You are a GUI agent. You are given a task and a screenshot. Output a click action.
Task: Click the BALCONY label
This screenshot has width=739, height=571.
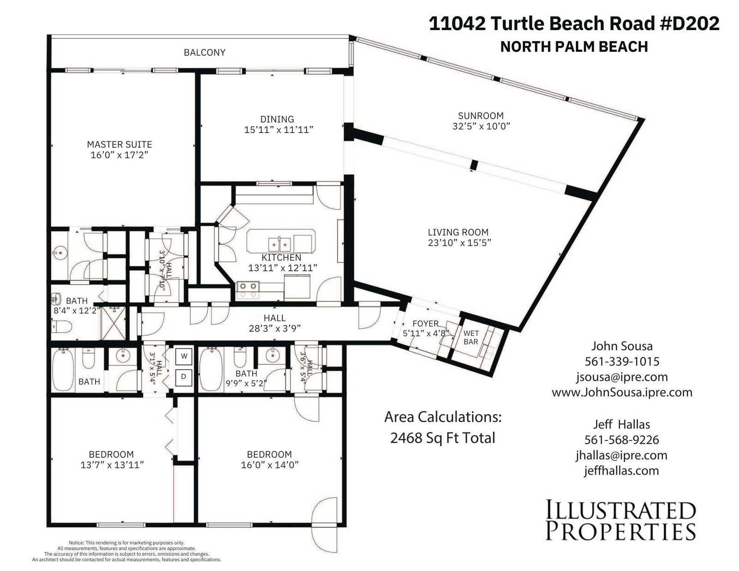(205, 52)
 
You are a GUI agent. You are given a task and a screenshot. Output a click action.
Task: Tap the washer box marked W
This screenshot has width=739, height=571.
(184, 356)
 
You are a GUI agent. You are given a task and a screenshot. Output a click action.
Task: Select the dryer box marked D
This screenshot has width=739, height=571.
(184, 377)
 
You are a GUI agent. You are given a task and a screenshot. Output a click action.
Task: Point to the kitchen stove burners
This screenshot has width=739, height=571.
(248, 290)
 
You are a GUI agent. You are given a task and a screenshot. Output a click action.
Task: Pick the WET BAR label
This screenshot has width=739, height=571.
(471, 337)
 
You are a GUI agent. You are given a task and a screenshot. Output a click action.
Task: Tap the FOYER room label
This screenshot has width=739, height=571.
(425, 323)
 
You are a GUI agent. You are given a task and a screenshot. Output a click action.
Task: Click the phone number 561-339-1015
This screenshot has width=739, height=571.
(622, 362)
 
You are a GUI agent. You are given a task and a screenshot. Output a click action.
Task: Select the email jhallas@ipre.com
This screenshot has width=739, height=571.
(622, 456)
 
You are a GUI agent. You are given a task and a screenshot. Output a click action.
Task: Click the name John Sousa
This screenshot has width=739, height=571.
(622, 346)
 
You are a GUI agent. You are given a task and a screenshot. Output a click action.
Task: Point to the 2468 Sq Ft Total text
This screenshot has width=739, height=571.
(442, 438)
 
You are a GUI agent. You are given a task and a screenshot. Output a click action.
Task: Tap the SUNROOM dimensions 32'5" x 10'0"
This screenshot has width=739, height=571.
(481, 126)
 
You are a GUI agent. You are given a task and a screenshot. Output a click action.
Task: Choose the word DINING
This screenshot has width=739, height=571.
(277, 119)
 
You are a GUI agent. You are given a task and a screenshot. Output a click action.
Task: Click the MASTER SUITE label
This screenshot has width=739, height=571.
(119, 145)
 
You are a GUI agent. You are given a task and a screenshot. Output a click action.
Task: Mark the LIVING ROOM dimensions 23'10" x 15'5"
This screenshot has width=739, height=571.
(460, 243)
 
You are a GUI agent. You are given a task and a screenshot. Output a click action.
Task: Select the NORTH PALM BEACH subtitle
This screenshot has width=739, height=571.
(574, 47)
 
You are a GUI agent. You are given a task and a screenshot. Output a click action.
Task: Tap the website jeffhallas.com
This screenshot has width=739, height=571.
(622, 471)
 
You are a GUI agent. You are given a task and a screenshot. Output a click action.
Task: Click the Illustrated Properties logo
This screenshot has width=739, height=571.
(621, 520)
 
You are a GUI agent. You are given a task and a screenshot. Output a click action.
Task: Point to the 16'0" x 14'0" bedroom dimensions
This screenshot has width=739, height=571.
(270, 465)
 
